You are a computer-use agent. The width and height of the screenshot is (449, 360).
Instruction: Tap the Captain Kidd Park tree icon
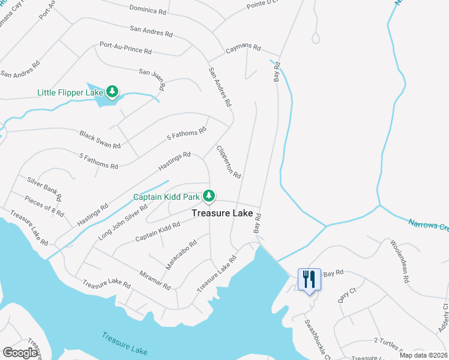click(209, 196)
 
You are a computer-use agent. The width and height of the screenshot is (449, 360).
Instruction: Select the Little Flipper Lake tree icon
click(112, 92)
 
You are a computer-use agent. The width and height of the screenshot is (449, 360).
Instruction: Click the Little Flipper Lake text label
click(70, 92)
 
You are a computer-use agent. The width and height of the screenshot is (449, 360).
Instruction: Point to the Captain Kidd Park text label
click(167, 197)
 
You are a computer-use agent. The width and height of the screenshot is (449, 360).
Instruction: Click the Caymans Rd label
click(243, 48)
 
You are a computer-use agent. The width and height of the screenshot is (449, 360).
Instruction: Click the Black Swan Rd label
click(100, 138)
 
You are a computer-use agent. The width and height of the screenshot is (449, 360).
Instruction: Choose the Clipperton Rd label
click(228, 161)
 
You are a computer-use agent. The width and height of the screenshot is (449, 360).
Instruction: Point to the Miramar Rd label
click(154, 278)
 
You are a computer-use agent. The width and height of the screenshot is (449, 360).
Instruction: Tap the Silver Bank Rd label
click(44, 188)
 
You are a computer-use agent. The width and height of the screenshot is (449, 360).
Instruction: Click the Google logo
click(20, 353)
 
